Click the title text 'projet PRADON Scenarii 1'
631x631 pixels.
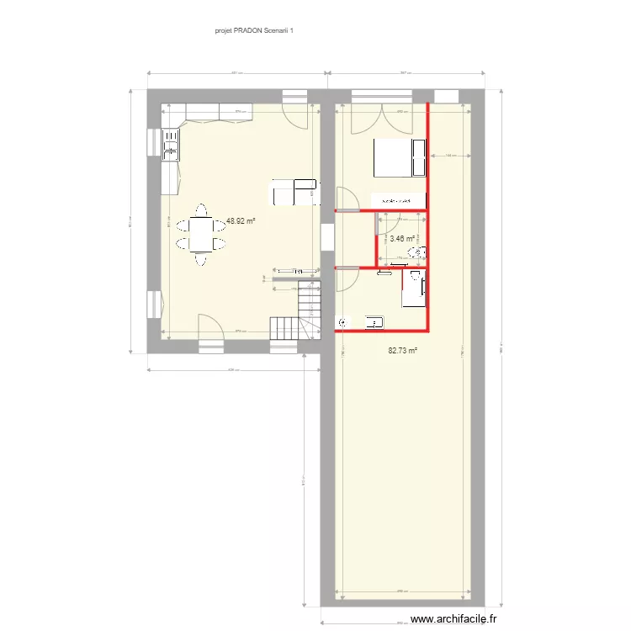pos(253,29)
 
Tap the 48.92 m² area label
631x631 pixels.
pos(240,221)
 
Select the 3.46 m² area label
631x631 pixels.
pos(402,238)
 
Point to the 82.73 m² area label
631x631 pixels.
pos(403,351)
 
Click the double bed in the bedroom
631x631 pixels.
pos(400,157)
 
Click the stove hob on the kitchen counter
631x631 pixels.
pos(171,143)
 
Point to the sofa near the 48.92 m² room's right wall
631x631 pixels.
pos(294,192)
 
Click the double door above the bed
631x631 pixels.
pos(382,118)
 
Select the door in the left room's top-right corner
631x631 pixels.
pos(294,115)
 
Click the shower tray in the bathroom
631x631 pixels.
pos(415,289)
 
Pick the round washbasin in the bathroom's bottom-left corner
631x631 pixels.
pos(342,321)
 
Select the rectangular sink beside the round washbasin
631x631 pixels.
pos(374,321)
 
